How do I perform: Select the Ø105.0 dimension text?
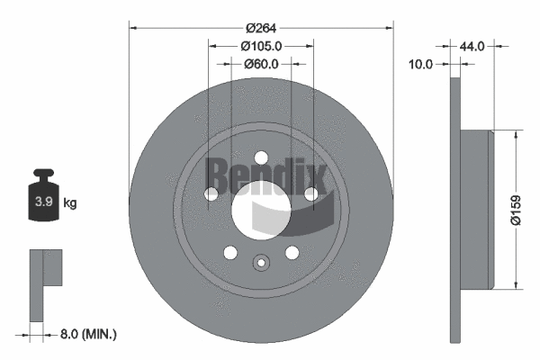point(262,46)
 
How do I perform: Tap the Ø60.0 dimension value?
point(262,64)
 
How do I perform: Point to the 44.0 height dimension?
point(473,45)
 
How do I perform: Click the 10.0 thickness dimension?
point(421,64)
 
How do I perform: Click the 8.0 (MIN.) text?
point(87,334)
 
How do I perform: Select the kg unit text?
point(70,203)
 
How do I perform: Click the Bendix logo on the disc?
point(261,171)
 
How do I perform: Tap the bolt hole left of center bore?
point(211,193)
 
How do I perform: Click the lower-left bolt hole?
point(230,252)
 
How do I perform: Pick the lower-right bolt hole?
point(292,252)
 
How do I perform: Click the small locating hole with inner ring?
point(261,263)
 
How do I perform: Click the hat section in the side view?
point(476,210)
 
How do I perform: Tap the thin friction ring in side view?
point(454,210)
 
